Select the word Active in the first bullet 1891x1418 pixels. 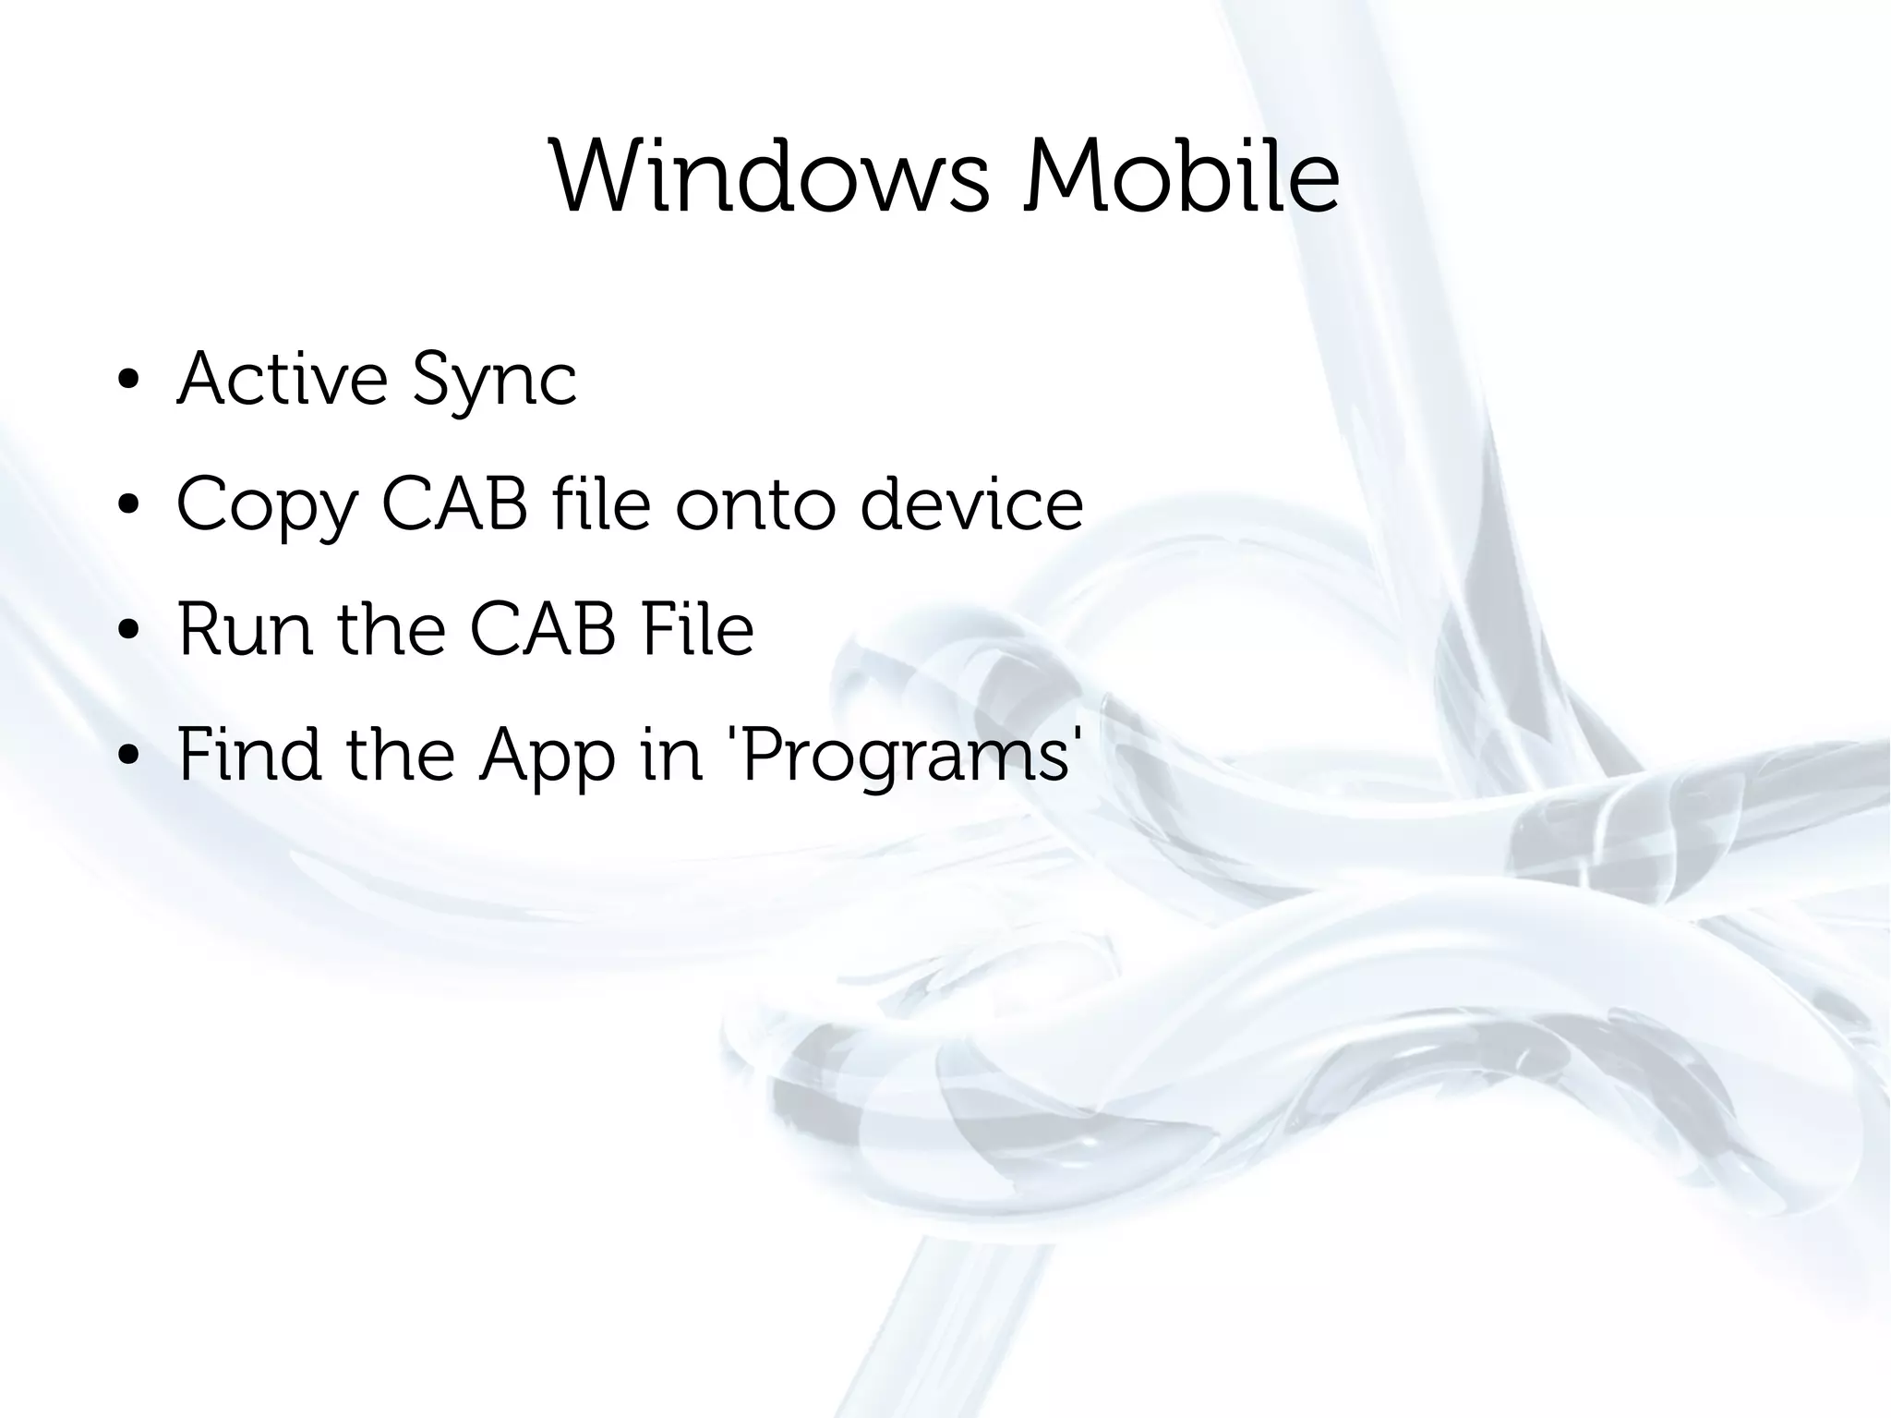tap(283, 378)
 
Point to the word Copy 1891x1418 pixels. tap(267, 506)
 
